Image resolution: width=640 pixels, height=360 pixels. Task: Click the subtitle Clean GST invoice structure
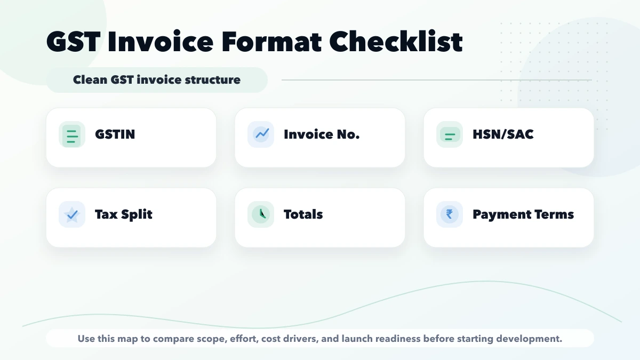[157, 80]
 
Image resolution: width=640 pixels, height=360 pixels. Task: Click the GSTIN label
[115, 134]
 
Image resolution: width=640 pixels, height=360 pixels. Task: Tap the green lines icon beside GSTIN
[72, 134]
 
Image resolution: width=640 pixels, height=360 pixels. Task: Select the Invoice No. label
[322, 134]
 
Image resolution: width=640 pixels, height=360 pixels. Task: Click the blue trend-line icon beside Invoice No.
[261, 134]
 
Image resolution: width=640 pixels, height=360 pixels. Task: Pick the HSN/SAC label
[503, 134]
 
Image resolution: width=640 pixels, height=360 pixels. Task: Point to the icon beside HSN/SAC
[450, 134]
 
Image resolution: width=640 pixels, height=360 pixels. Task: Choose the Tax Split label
[124, 214]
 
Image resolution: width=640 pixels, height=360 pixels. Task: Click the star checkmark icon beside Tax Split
[72, 214]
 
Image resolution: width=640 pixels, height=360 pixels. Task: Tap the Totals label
[303, 214]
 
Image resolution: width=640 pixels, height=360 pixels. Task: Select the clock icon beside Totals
[261, 214]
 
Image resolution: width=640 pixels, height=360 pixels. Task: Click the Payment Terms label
[523, 214]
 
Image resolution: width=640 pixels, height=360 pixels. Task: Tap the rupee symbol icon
[450, 214]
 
